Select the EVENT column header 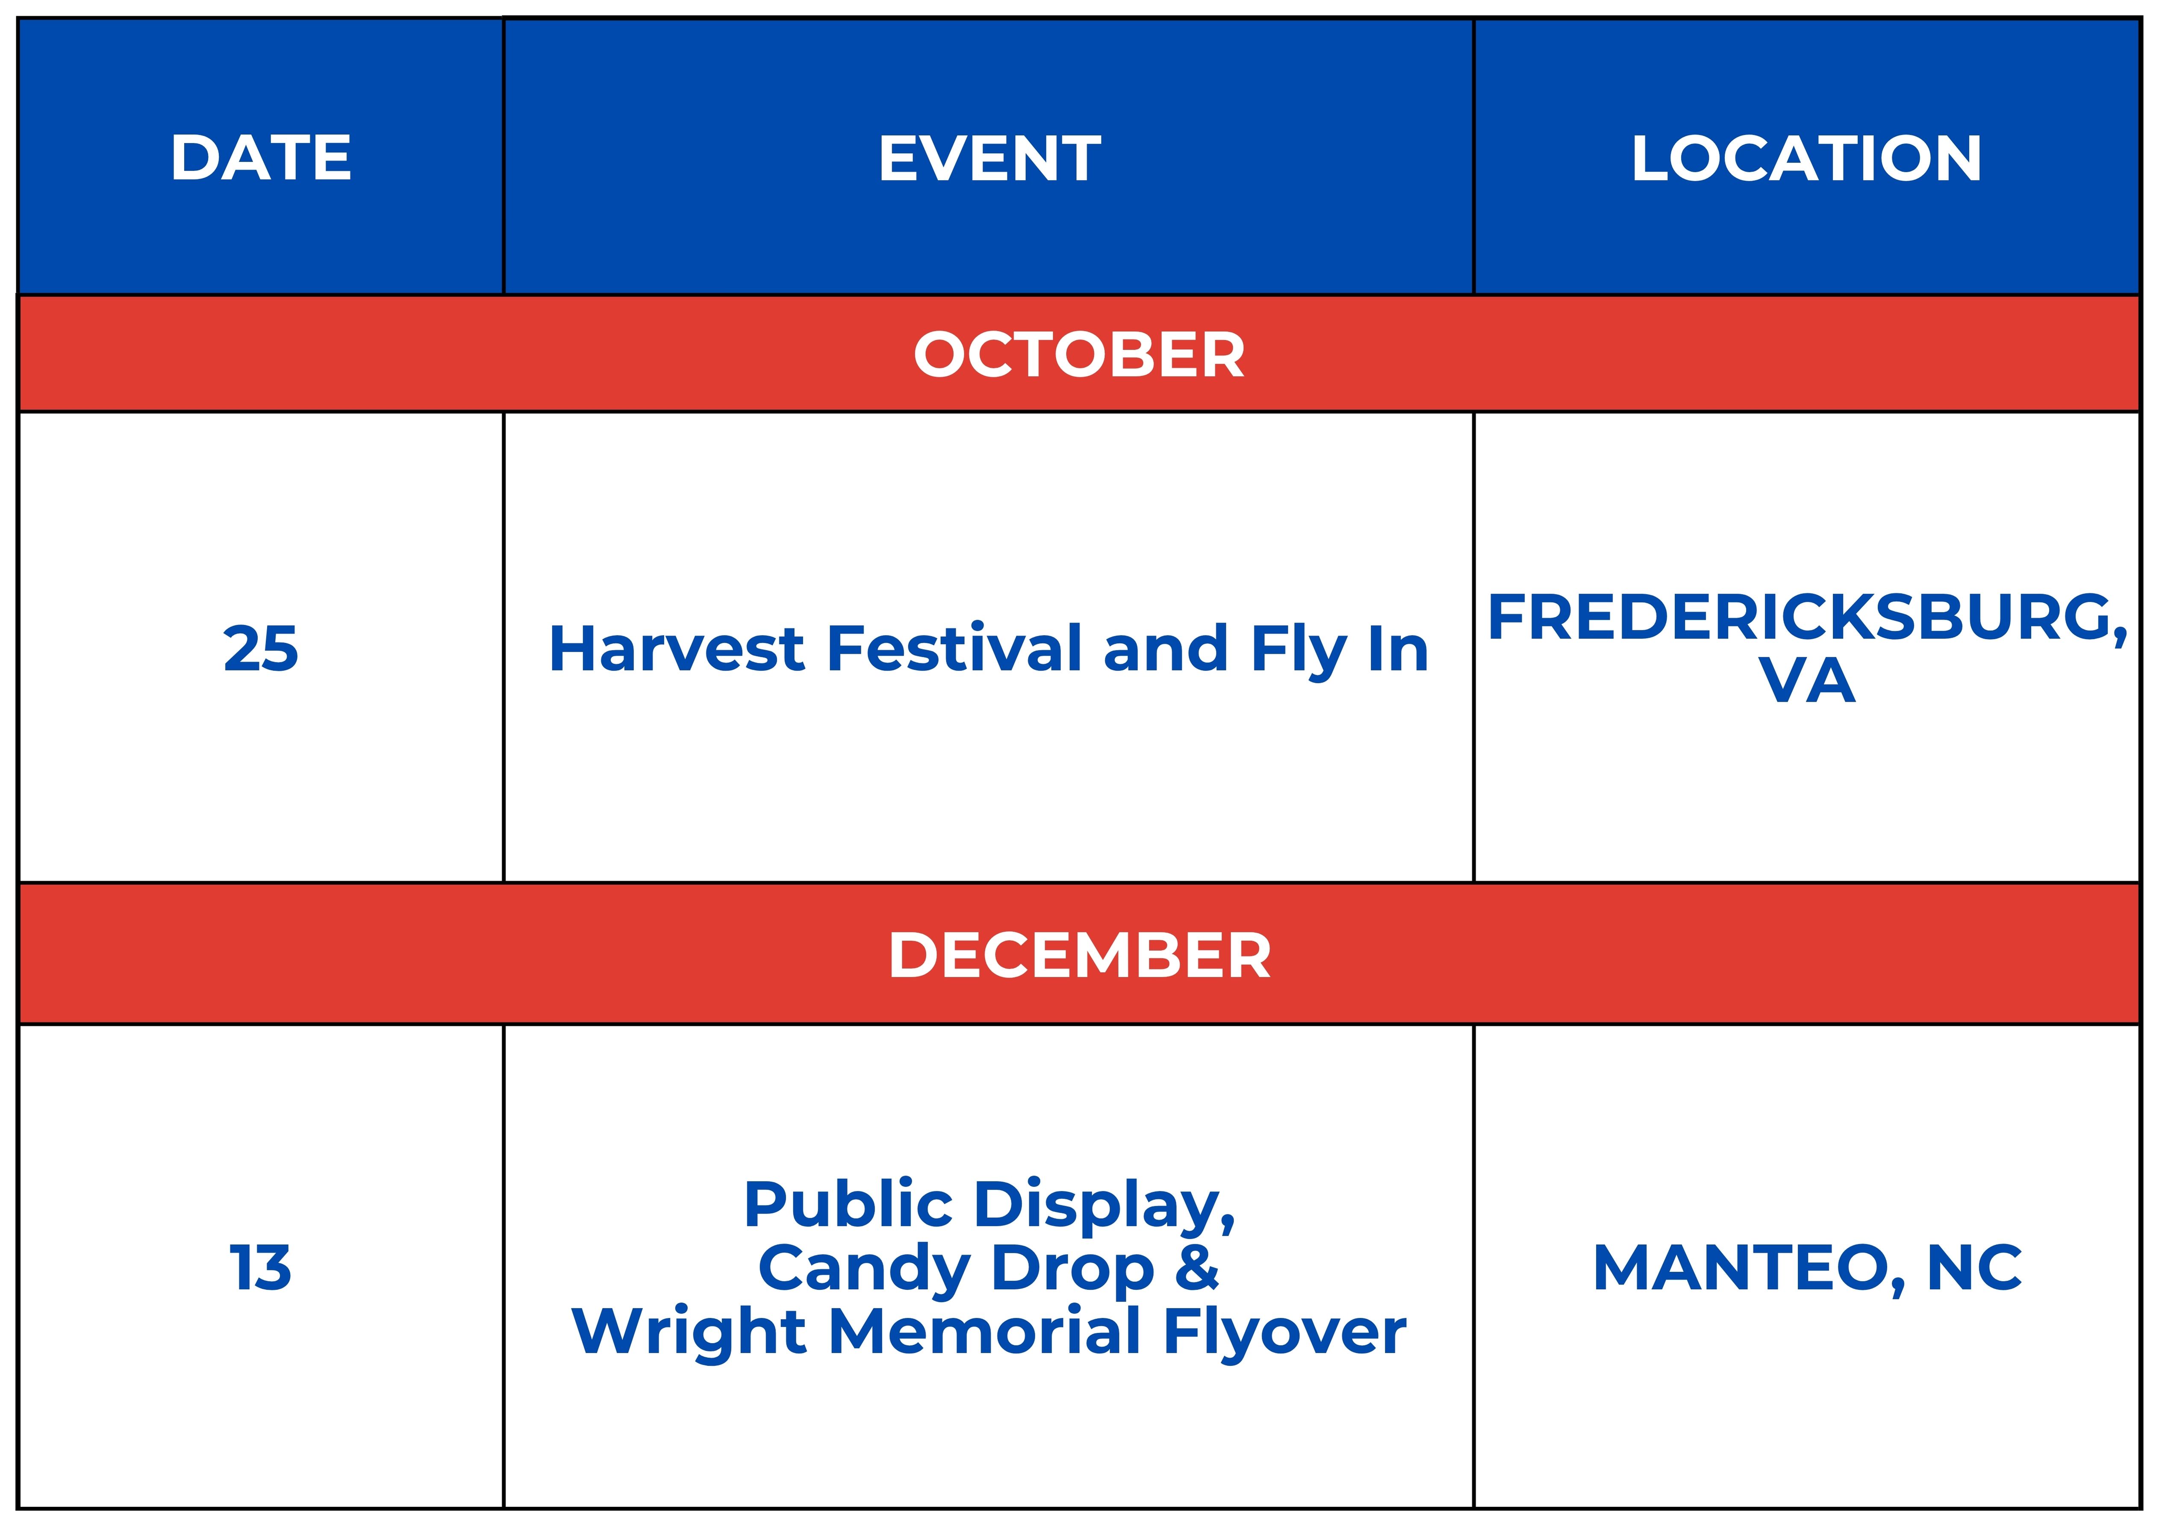pyautogui.click(x=989, y=158)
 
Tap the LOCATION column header pyautogui.click(x=1806, y=158)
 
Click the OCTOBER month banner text pyautogui.click(x=1080, y=354)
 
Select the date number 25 pyautogui.click(x=262, y=649)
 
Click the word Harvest pyautogui.click(x=677, y=649)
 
